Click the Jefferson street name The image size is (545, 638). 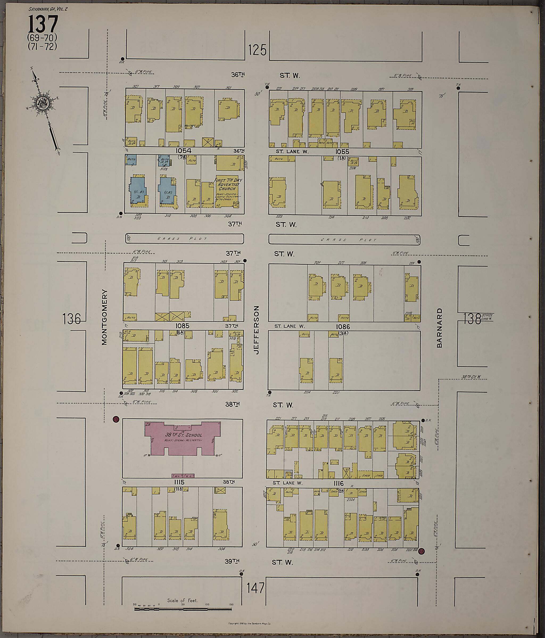[257, 330]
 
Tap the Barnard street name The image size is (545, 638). [439, 328]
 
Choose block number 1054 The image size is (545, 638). [184, 151]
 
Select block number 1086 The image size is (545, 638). [343, 326]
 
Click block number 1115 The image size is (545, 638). [179, 483]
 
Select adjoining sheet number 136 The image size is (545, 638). [71, 319]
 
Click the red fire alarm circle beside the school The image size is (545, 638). [116, 419]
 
